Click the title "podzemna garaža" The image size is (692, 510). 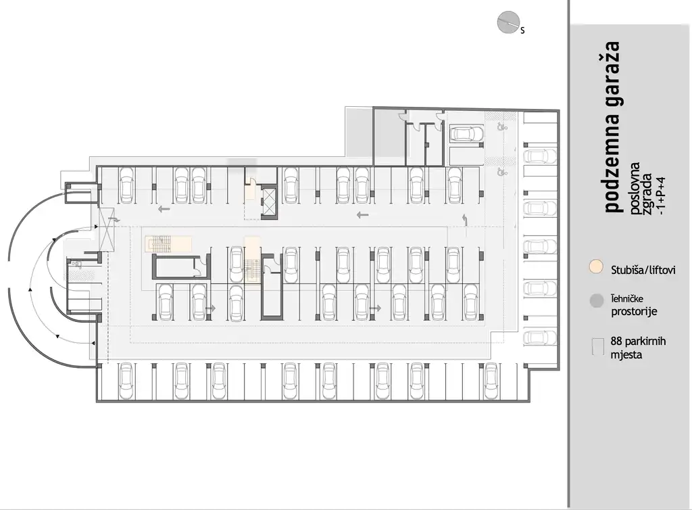(612, 126)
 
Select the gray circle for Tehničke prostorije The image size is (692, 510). (596, 301)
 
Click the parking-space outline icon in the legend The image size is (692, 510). (596, 347)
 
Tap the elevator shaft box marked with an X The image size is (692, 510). (268, 200)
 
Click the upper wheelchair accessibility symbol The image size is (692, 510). (501, 126)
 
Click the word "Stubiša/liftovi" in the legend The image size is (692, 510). (643, 270)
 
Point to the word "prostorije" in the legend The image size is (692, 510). (633, 312)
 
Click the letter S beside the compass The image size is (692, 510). (522, 30)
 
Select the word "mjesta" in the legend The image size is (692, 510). (626, 354)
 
